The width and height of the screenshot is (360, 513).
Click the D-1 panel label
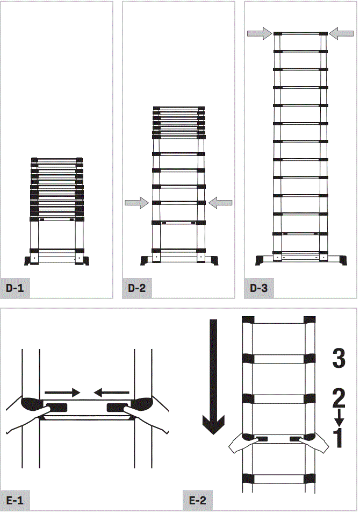(x=15, y=288)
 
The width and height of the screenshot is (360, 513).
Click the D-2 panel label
(x=137, y=288)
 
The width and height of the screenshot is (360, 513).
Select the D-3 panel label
(x=258, y=288)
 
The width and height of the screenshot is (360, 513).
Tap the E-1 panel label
(x=15, y=501)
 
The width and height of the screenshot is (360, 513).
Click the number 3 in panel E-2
(x=339, y=359)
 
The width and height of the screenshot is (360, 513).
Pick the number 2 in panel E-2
(x=339, y=398)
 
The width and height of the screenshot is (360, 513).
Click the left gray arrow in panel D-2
(x=136, y=203)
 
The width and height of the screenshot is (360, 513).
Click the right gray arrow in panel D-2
(x=220, y=203)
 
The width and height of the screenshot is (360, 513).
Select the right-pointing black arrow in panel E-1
(x=62, y=392)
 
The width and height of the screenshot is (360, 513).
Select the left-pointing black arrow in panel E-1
(x=112, y=392)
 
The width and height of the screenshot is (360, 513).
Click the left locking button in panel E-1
(x=56, y=407)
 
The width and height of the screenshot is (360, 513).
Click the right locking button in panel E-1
(x=118, y=407)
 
